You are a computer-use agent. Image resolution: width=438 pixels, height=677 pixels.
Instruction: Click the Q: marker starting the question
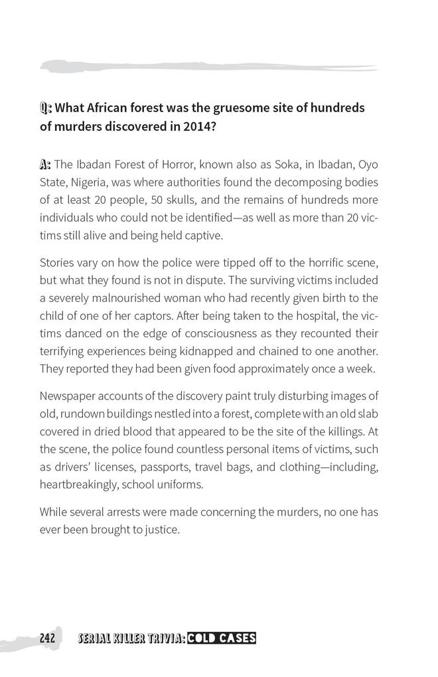coord(46,108)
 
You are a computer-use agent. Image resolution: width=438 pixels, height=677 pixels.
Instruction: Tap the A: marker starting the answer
coord(46,164)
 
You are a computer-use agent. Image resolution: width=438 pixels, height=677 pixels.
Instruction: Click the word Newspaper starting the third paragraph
coord(69,396)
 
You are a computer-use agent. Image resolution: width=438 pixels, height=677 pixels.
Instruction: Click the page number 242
coord(46,639)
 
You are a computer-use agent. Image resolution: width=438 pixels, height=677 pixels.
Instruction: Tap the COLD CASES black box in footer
coord(221,639)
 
